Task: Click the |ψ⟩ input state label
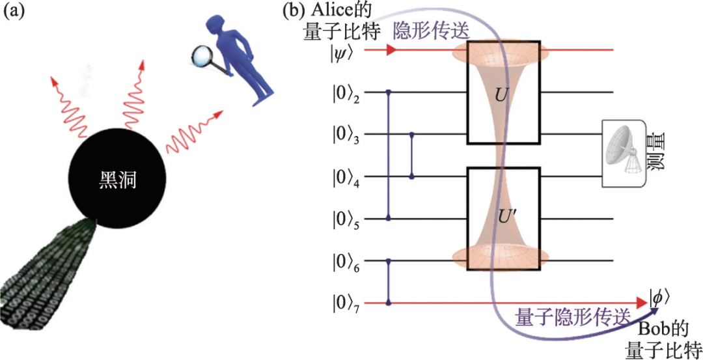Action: (x=342, y=50)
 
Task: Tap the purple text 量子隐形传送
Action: (x=573, y=317)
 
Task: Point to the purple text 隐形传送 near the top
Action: (x=430, y=31)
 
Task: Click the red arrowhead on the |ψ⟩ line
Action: (x=391, y=50)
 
